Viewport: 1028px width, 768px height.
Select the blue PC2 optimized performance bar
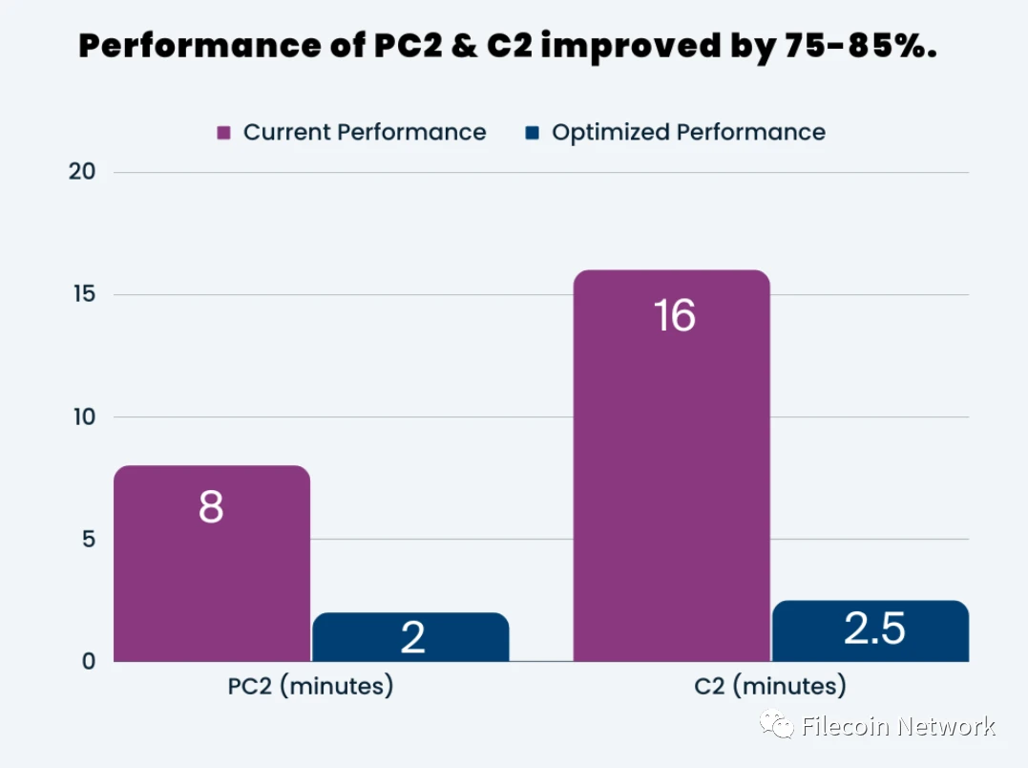pyautogui.click(x=410, y=637)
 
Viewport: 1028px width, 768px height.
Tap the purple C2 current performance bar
pyautogui.click(x=671, y=478)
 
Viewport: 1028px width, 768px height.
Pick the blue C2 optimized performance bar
pyautogui.click(x=871, y=631)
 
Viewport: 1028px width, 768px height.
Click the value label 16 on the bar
pyautogui.click(x=675, y=316)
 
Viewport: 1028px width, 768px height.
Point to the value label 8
pyautogui.click(x=211, y=507)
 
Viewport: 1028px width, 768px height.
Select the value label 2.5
pyautogui.click(x=874, y=629)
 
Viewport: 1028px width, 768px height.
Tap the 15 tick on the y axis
pyautogui.click(x=82, y=294)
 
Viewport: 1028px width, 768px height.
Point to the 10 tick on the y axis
pyautogui.click(x=82, y=416)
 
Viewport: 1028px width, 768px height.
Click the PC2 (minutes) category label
pyautogui.click(x=310, y=687)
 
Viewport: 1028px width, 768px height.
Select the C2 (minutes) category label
pyautogui.click(x=770, y=687)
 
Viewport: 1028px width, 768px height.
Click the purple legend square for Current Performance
pyautogui.click(x=224, y=133)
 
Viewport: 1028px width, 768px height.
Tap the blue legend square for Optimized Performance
pyautogui.click(x=532, y=133)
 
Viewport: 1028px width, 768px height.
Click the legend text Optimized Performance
pyautogui.click(x=688, y=133)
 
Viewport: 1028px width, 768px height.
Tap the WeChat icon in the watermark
pyautogui.click(x=776, y=727)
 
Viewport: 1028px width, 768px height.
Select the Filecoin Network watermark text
pyautogui.click(x=898, y=727)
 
